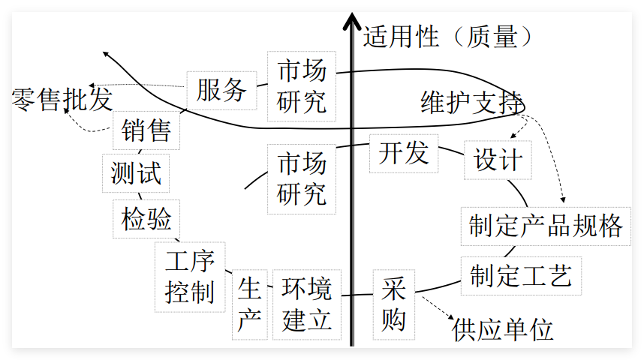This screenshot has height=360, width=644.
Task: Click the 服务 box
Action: (x=221, y=91)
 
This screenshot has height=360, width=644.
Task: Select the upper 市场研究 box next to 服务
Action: (x=302, y=86)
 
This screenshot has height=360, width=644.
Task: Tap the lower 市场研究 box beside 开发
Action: (x=302, y=178)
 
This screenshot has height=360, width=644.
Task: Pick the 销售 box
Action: (x=146, y=132)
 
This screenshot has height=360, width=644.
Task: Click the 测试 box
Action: (x=136, y=174)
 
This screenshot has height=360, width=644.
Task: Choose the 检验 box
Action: (x=146, y=219)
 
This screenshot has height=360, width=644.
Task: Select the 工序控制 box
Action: (x=190, y=276)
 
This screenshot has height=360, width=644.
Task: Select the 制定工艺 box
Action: (x=520, y=274)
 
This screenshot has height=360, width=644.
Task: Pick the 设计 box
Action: (x=498, y=160)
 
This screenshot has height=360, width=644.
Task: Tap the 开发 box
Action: (x=403, y=153)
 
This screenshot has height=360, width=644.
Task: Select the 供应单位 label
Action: (x=502, y=328)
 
